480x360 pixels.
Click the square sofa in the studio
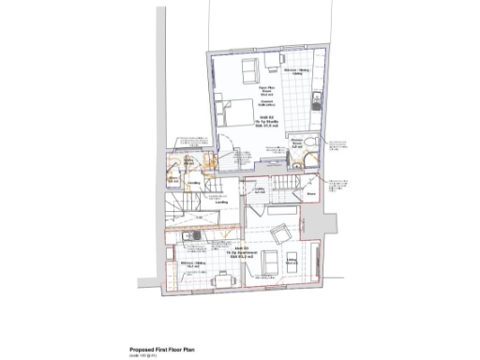pyautogui.click(x=248, y=69)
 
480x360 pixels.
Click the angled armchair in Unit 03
pyautogui.click(x=279, y=234)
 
